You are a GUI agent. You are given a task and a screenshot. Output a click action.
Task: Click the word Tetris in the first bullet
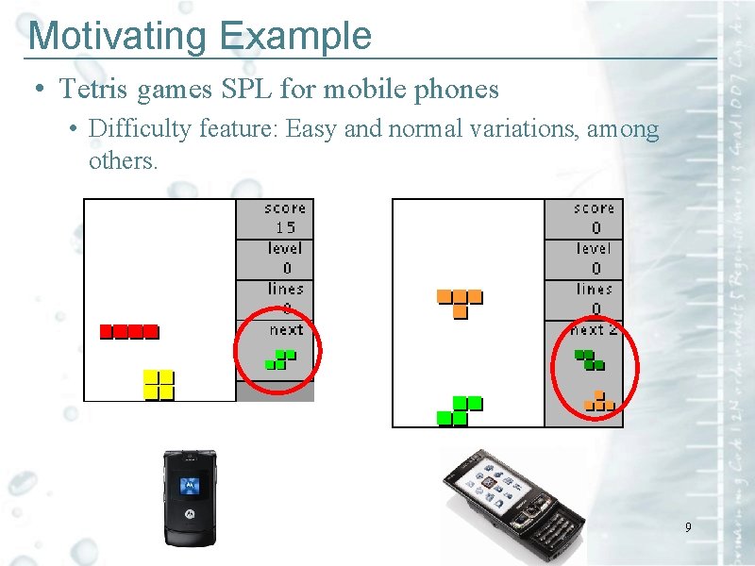point(94,90)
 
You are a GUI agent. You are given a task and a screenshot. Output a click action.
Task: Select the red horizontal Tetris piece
point(129,331)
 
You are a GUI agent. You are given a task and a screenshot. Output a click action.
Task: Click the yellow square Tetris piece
point(159,385)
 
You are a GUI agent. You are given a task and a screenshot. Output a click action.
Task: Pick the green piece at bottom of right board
point(460,410)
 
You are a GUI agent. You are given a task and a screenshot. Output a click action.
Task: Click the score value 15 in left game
point(285,227)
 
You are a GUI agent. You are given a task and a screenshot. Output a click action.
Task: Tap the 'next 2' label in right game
point(594,330)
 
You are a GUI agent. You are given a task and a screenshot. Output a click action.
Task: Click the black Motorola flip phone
point(191,497)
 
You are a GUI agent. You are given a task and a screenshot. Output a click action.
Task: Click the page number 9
point(688,527)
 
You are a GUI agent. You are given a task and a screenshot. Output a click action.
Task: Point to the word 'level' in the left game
point(285,248)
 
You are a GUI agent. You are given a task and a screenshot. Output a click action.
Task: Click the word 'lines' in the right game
point(595,290)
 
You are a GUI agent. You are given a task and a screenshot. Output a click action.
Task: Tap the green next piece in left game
point(279,359)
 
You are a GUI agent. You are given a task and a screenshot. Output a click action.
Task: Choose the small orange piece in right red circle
point(598,401)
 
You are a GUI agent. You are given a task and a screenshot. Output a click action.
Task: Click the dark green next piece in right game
point(590,359)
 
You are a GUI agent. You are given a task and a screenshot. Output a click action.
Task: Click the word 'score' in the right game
point(595,208)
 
